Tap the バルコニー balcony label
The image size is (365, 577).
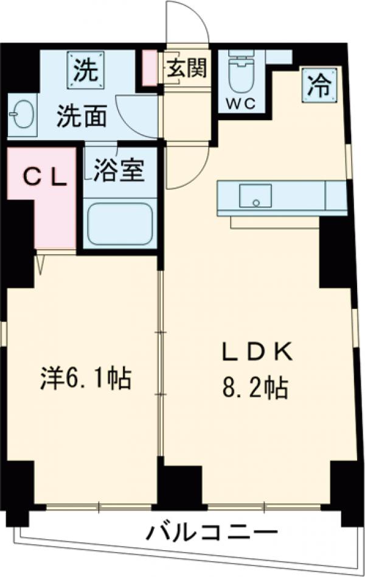[207, 533]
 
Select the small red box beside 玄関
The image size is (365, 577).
[149, 68]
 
